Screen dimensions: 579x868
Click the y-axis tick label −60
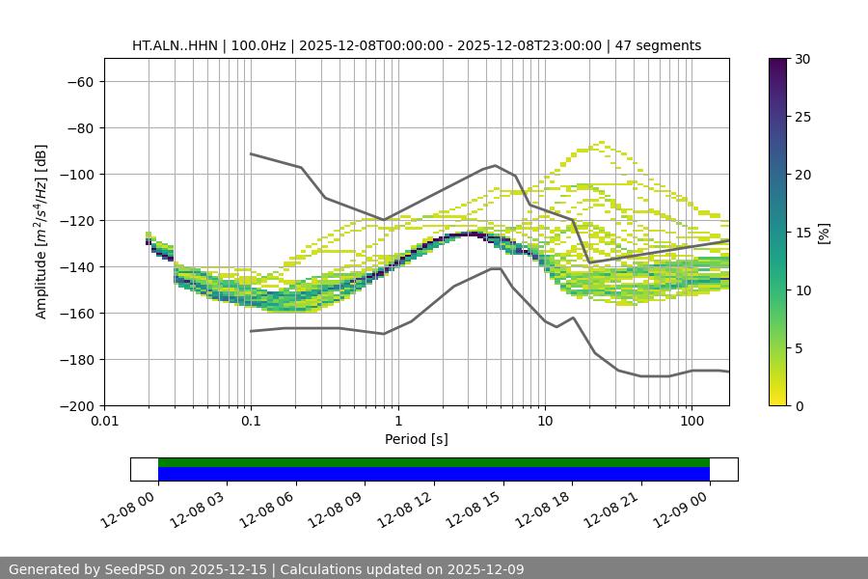78,81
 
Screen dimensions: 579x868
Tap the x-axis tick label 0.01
104,422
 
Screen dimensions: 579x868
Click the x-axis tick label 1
398,422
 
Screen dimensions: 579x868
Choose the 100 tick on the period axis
692,422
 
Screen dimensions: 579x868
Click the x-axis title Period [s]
417,439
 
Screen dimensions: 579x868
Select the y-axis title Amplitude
41,232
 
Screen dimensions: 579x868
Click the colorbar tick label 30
802,59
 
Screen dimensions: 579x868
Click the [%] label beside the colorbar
824,233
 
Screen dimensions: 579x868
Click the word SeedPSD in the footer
130,569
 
